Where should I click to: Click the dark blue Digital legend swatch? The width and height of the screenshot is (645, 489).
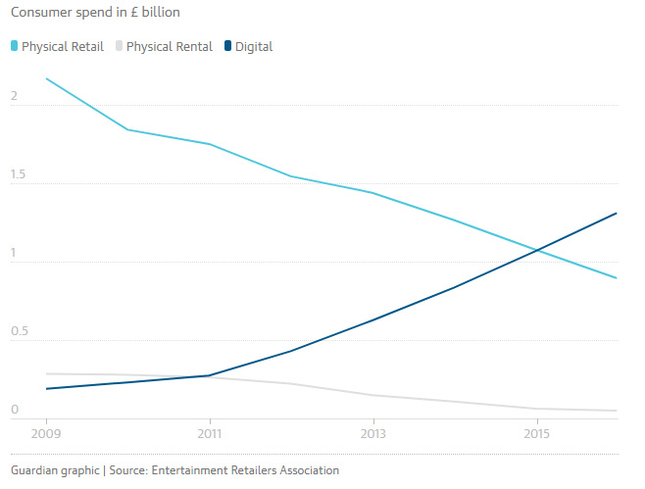229,46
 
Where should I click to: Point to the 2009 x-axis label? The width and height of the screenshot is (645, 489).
46,432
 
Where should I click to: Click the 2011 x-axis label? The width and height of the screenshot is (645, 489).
209,432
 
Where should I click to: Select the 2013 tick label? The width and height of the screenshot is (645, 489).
372,432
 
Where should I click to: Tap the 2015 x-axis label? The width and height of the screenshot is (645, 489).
536,432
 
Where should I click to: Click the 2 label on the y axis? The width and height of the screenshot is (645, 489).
14,96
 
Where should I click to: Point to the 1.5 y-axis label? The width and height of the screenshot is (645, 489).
19,175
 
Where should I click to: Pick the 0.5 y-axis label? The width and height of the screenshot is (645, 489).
19,332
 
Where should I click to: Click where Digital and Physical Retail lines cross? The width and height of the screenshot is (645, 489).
536,250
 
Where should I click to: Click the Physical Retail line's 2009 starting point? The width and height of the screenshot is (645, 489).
46,78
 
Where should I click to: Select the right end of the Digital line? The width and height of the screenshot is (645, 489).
617,213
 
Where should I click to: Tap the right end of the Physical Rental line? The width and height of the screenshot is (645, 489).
617,411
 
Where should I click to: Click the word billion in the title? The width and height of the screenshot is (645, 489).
157,13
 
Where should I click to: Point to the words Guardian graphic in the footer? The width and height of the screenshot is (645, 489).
55,470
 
